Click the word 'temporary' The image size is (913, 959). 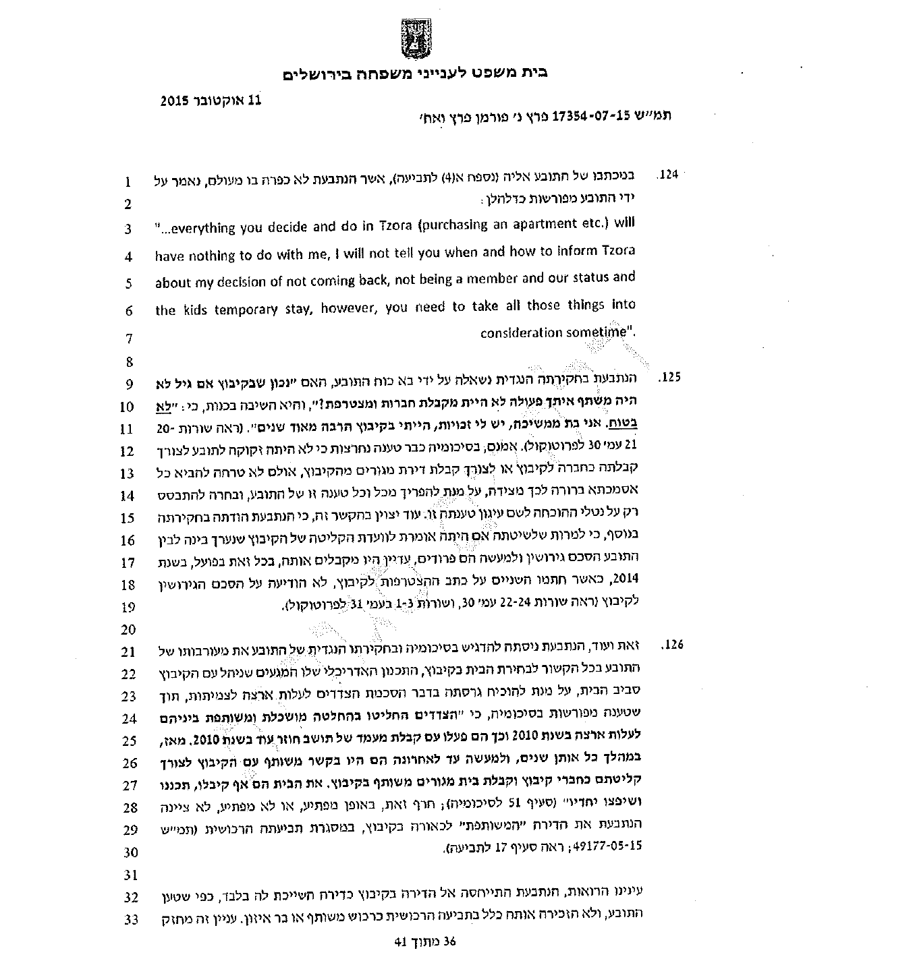tap(246, 310)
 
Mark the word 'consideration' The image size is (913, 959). tap(521, 332)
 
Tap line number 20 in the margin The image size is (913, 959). tap(128, 631)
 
